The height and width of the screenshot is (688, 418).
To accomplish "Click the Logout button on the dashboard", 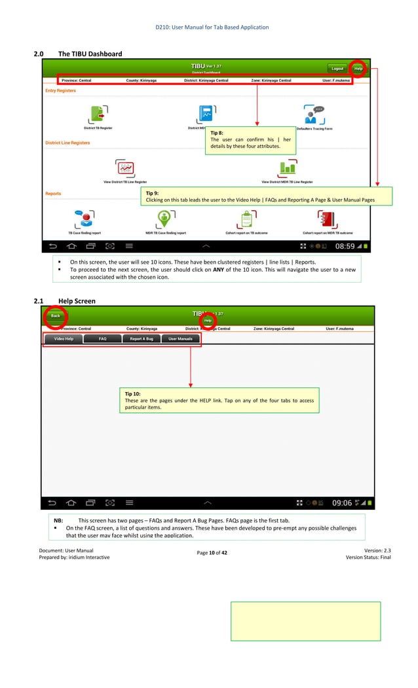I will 337,68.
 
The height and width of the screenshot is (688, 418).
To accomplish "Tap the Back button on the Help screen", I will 56,316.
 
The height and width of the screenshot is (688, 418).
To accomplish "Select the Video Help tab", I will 64,339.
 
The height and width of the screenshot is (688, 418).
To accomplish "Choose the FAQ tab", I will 103,339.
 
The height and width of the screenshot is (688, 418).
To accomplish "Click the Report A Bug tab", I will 141,339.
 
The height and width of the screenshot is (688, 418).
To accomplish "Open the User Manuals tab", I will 180,339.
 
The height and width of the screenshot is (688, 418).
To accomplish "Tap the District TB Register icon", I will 98,114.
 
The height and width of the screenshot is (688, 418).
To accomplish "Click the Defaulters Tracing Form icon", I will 314,114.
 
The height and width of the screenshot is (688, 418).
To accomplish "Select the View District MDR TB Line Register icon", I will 287,168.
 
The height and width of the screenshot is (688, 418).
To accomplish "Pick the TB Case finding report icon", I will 85,219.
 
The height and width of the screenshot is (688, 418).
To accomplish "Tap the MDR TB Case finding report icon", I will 166,219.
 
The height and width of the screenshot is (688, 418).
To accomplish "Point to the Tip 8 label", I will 217,133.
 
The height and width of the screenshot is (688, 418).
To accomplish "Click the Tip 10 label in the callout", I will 132,394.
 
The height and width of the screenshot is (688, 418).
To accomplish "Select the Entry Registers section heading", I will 60,91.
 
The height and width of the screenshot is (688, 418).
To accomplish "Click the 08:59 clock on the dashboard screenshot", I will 345,247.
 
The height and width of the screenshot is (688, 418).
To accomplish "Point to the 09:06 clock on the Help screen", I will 342,503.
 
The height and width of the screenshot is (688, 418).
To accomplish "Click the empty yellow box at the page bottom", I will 305,621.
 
